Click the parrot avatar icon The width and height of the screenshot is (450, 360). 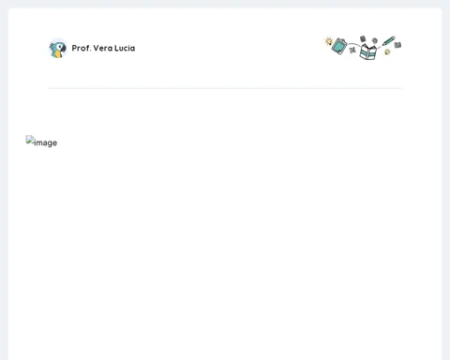tap(58, 49)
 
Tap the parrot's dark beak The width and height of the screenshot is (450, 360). tap(63, 49)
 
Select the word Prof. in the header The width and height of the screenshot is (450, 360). tap(82, 48)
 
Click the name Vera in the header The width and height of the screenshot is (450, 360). tap(103, 48)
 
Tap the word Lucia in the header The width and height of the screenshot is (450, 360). tap(125, 48)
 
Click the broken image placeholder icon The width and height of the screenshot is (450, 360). tap(30, 140)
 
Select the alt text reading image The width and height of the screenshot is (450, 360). tap(45, 142)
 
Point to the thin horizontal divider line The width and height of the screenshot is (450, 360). tap(225, 88)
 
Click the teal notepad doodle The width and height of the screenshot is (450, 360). tap(339, 46)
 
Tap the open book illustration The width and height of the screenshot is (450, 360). tap(367, 52)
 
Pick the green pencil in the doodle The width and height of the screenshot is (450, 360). tap(388, 41)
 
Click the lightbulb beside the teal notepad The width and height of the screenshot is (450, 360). tap(329, 41)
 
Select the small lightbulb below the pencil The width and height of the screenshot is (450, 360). tap(387, 52)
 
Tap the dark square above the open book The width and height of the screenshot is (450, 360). tap(363, 38)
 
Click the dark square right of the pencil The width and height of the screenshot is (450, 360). tap(397, 45)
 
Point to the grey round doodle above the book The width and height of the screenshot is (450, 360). tap(375, 40)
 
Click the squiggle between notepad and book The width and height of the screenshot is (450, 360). tap(352, 49)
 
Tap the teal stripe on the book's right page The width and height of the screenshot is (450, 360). tap(372, 52)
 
